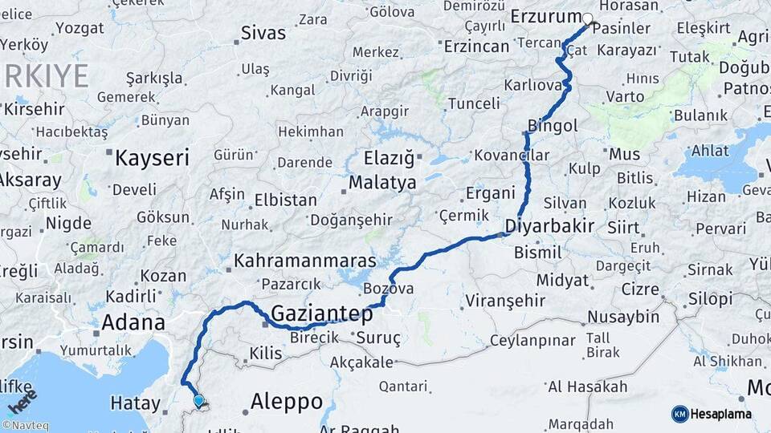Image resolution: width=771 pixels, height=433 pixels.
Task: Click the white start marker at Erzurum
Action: click(x=587, y=19)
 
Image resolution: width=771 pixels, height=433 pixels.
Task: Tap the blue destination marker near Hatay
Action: click(x=198, y=400)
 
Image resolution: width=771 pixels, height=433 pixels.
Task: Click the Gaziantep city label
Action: click(x=322, y=313)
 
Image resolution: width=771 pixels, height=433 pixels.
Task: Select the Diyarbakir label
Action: click(x=550, y=226)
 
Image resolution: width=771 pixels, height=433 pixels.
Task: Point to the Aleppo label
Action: click(x=287, y=401)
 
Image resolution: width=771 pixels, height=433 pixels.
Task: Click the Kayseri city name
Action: click(x=152, y=157)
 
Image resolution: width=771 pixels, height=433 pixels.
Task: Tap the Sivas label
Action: click(x=263, y=34)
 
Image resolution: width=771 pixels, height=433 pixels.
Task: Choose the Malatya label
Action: click(x=382, y=183)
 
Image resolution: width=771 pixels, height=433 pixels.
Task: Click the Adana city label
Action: click(x=133, y=323)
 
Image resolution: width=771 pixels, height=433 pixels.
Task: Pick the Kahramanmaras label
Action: click(x=305, y=261)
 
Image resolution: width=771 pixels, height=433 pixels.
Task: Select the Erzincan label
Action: click(x=476, y=46)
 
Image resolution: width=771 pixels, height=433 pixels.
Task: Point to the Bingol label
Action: click(x=553, y=126)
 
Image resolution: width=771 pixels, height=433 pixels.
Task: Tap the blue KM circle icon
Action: click(x=679, y=414)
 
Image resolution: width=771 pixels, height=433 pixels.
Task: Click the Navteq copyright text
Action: click(x=25, y=426)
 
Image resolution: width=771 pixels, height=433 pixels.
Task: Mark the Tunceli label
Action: click(x=473, y=103)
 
